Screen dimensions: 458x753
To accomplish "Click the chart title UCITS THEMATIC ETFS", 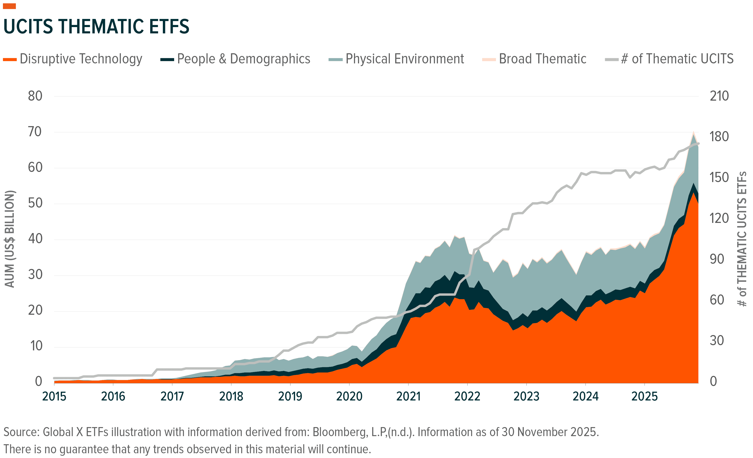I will [96, 27].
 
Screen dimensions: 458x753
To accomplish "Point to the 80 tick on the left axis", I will [35, 96].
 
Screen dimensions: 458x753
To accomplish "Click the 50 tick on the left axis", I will [35, 203].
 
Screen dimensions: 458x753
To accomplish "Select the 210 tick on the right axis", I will [719, 96].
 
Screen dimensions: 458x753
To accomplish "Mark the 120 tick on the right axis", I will [719, 218].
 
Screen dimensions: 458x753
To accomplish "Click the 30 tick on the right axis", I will [717, 340].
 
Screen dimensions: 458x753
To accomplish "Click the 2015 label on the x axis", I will [54, 397].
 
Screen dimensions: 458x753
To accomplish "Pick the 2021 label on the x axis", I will [408, 397].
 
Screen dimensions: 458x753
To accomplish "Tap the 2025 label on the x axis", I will [644, 397].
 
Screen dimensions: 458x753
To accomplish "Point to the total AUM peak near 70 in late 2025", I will [693, 133].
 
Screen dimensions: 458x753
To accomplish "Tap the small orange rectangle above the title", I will [9, 6].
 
